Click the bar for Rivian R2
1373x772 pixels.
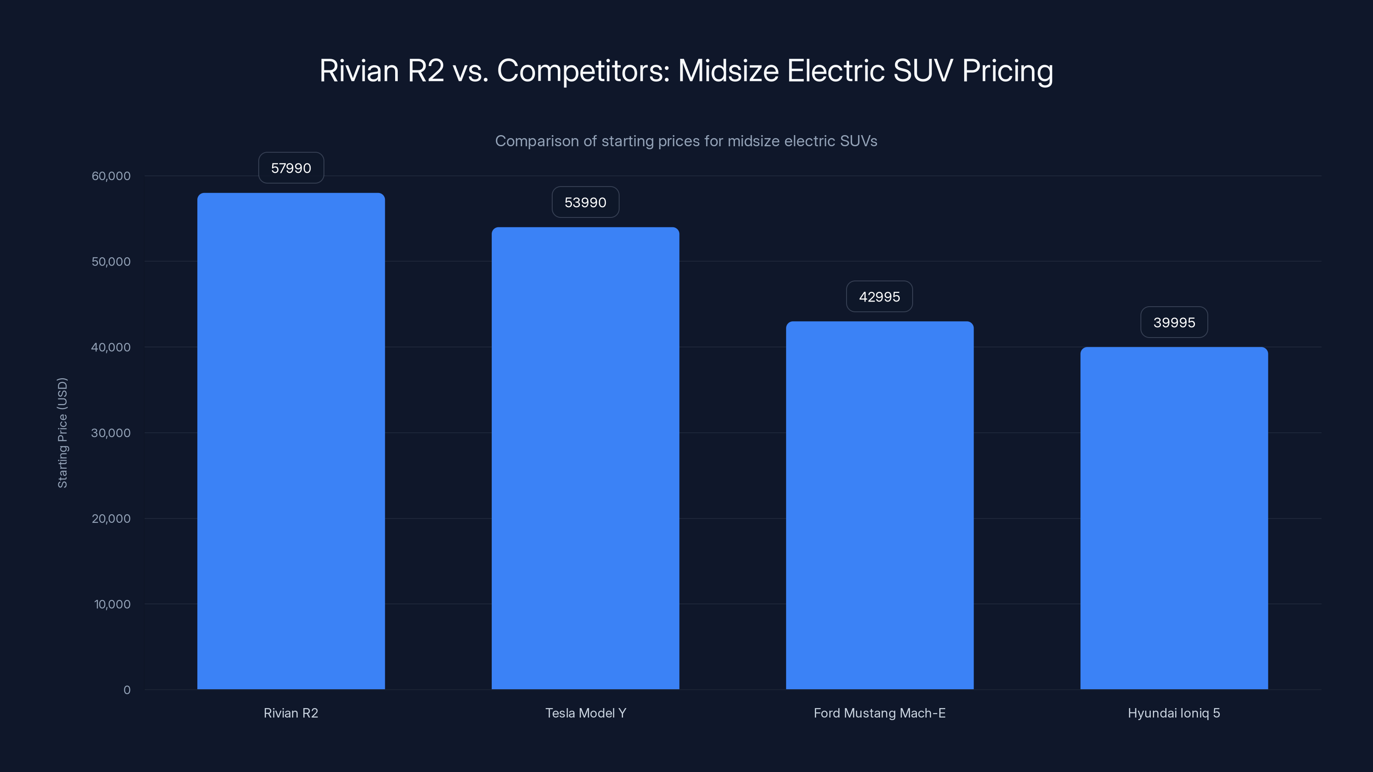(291, 441)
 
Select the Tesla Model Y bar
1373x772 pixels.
(585, 458)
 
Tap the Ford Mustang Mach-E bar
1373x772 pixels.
(880, 505)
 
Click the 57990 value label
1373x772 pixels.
(291, 169)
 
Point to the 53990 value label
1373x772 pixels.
(585, 202)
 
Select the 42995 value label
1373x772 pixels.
(880, 297)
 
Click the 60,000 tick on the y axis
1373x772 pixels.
(111, 176)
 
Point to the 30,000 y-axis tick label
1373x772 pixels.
(111, 433)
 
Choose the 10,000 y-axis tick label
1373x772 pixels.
(112, 604)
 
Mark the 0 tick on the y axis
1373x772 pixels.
(127, 690)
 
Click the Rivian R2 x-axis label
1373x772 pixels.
(291, 713)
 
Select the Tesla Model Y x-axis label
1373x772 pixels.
(585, 713)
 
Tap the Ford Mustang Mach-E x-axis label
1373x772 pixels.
(880, 713)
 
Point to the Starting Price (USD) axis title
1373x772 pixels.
(62, 433)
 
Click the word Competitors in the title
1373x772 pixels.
(583, 71)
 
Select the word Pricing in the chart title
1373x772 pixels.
(1007, 71)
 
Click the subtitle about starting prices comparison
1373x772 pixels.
(686, 141)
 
